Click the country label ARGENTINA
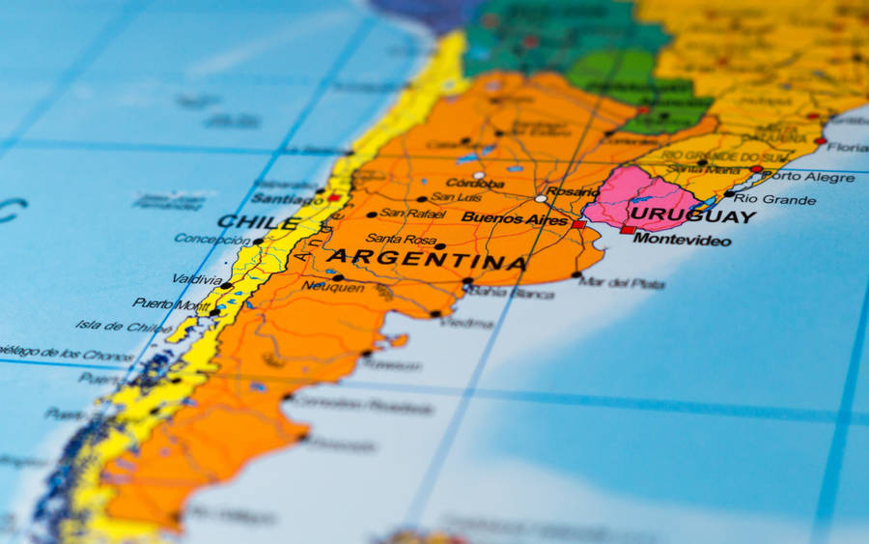426,260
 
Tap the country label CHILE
258,222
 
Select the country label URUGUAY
691,216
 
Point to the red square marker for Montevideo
628,230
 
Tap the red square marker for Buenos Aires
578,224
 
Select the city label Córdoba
475,184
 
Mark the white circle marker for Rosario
541,198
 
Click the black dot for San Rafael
371,215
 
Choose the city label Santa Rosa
395,239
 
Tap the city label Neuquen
333,287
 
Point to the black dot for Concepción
258,242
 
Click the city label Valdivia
196,279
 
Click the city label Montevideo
682,240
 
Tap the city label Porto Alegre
807,177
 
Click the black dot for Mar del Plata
575,275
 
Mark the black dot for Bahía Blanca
467,282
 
